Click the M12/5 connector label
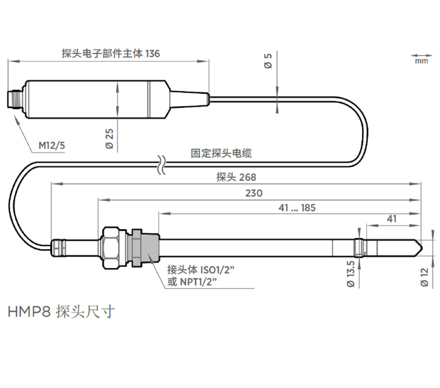point(52,146)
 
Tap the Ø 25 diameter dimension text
point(109,139)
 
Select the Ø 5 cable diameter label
point(268,61)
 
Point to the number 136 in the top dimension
point(152,53)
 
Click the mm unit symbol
point(422,61)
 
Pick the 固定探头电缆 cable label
point(221,153)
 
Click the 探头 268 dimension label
point(236,177)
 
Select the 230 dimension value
point(254,193)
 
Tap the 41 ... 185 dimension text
point(297,208)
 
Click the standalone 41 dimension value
point(392,218)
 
